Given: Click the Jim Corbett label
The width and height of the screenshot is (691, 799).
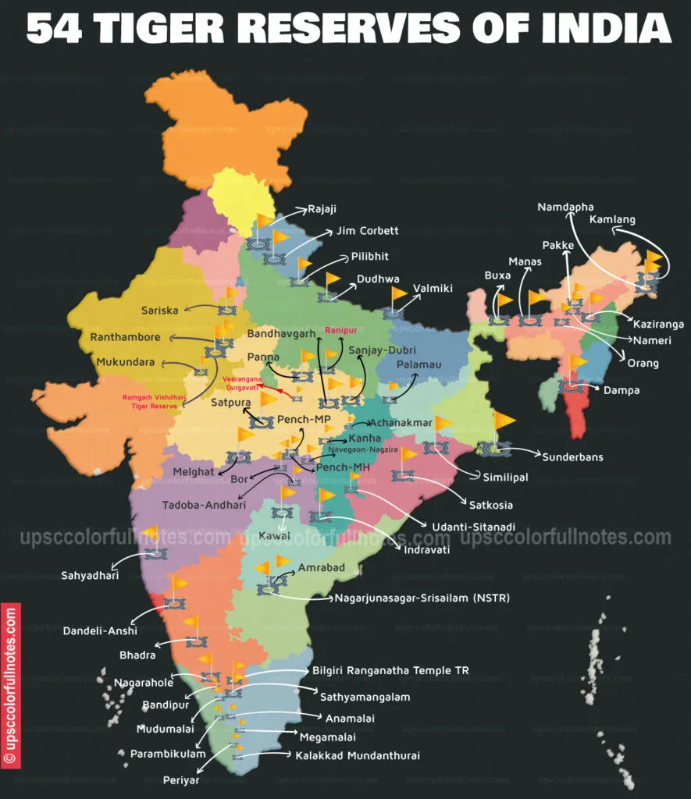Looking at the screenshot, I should [x=367, y=231].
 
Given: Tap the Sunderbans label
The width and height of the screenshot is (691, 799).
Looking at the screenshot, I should [x=572, y=456].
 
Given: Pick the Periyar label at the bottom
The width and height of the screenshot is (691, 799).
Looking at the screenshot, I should [x=181, y=779].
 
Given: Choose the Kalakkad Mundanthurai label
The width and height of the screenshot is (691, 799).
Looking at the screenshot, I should [x=357, y=755].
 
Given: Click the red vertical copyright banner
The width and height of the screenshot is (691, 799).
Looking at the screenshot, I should [x=10, y=685].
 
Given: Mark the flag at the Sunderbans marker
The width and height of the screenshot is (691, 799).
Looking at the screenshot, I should [x=504, y=421].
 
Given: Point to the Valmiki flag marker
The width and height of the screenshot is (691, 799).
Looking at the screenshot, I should [x=400, y=294].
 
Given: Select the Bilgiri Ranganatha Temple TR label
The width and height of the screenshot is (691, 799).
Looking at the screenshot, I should [x=390, y=670].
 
